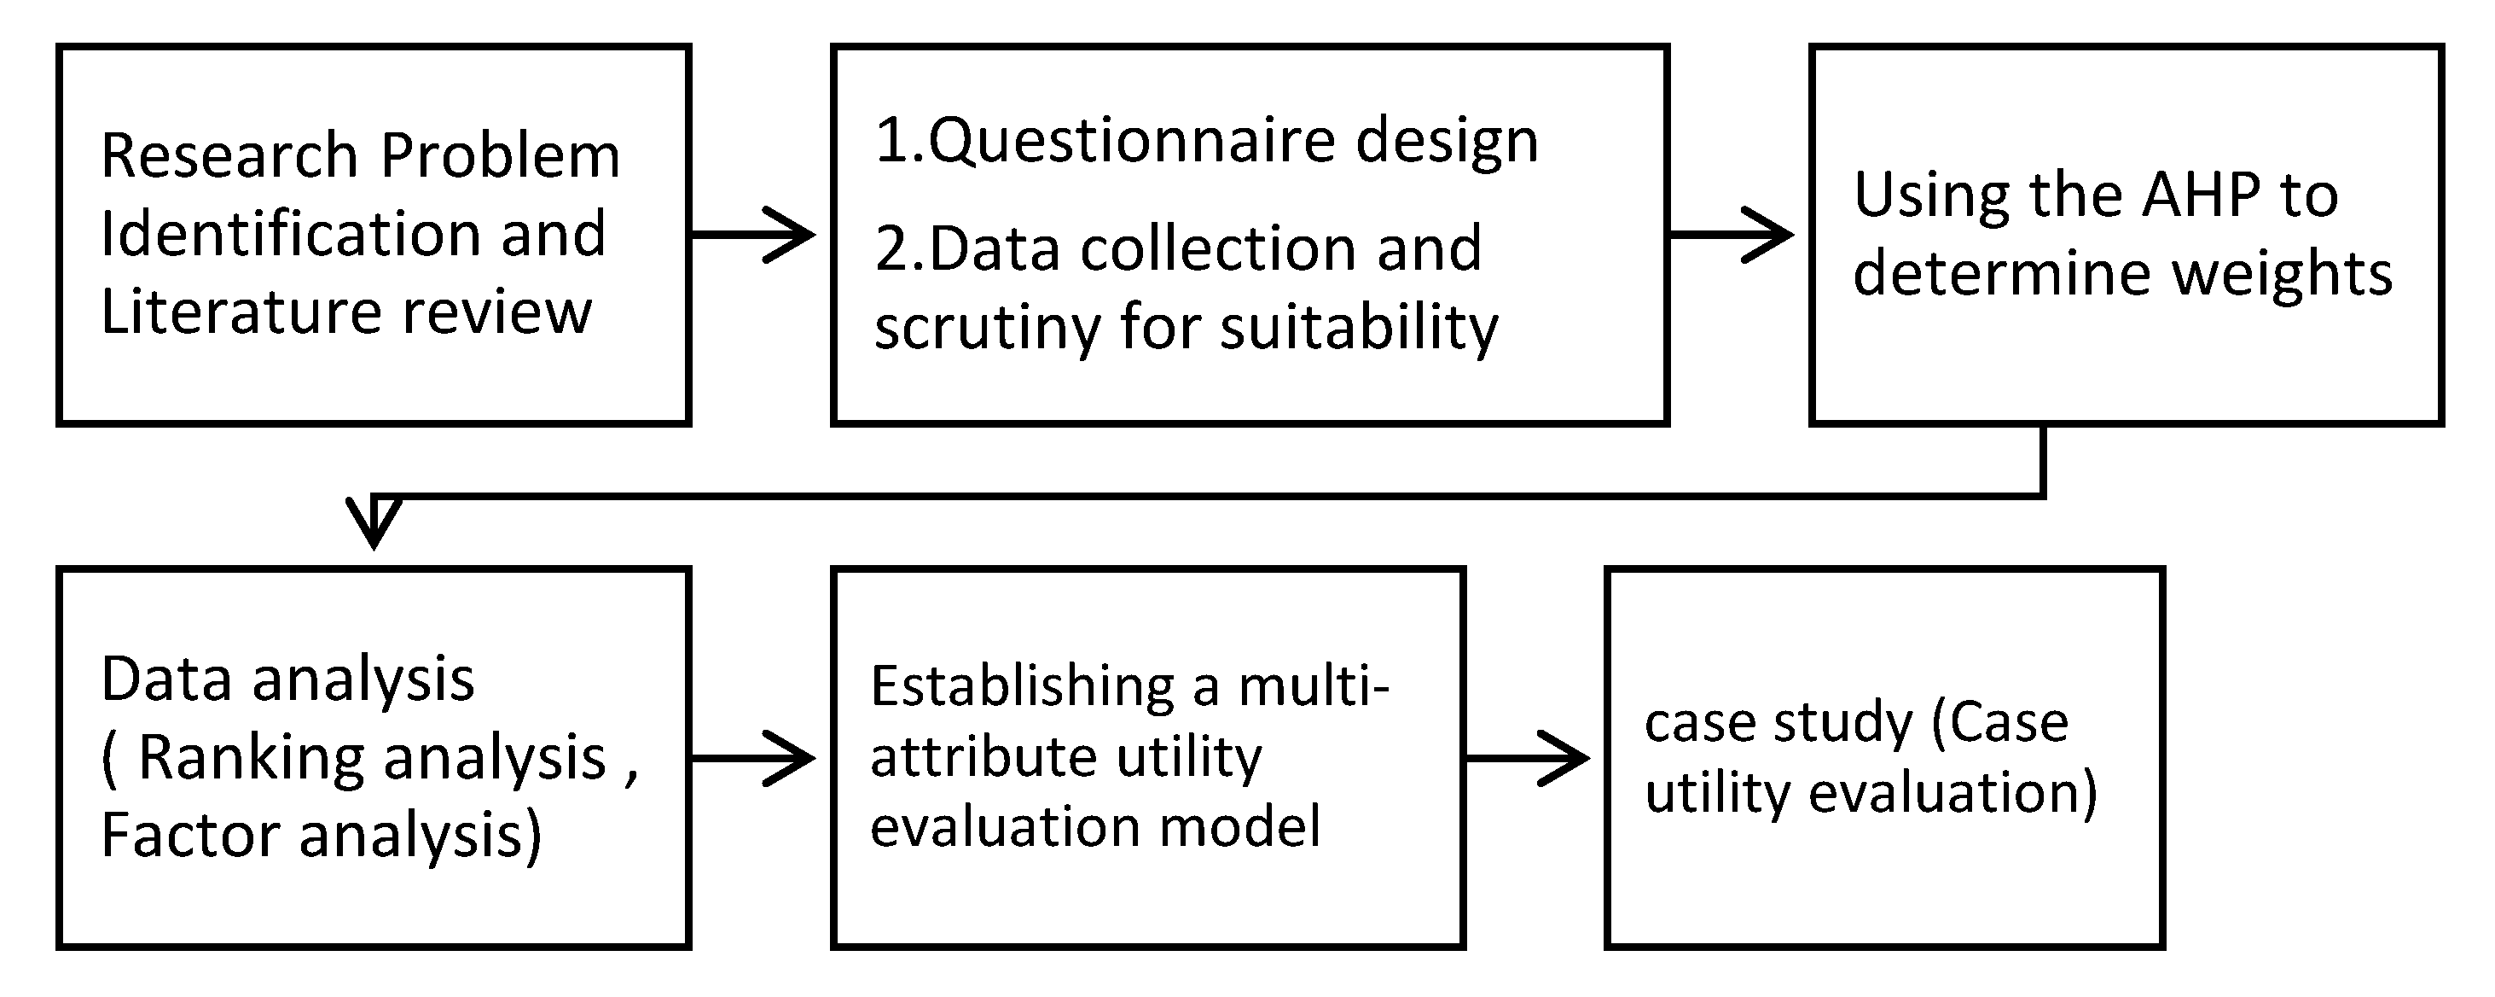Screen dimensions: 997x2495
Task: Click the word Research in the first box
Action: click(x=229, y=156)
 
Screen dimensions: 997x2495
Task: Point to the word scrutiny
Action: click(x=987, y=328)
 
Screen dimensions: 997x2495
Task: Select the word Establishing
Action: click(x=1023, y=687)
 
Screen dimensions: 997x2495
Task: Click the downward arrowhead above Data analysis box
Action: click(x=374, y=522)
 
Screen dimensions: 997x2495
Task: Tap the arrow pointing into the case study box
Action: click(x=1529, y=758)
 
